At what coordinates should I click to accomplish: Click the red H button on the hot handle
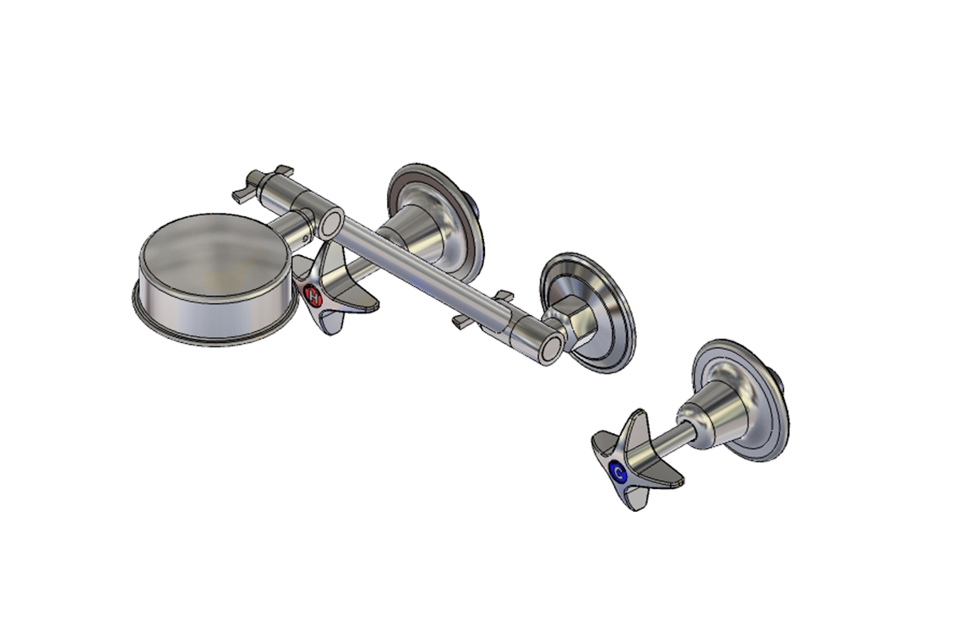tap(313, 297)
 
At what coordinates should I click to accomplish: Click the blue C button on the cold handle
tap(618, 473)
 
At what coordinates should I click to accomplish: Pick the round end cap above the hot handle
tap(329, 223)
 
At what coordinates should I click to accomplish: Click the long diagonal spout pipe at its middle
tap(439, 279)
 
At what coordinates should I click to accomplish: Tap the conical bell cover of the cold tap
tap(718, 414)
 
